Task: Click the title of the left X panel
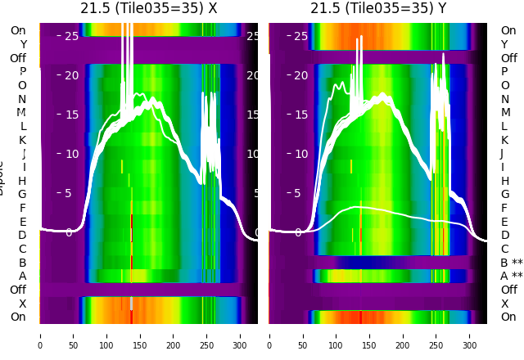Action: (148, 8)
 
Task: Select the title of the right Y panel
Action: (378, 8)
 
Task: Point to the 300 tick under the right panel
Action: (470, 335)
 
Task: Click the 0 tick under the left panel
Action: (39, 335)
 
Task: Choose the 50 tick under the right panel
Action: (303, 335)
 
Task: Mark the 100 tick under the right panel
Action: (337, 335)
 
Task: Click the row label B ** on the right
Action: (511, 263)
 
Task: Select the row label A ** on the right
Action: (511, 276)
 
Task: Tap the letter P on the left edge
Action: (22, 72)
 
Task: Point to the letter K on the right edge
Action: (504, 140)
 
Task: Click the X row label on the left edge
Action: (22, 304)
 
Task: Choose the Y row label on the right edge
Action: (504, 44)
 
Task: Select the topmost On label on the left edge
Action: (18, 31)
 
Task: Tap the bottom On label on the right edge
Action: (508, 317)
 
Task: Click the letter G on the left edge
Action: (22, 194)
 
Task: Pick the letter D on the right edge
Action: (504, 236)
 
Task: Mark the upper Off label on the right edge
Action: (508, 58)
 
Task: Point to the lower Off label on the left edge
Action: (18, 290)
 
